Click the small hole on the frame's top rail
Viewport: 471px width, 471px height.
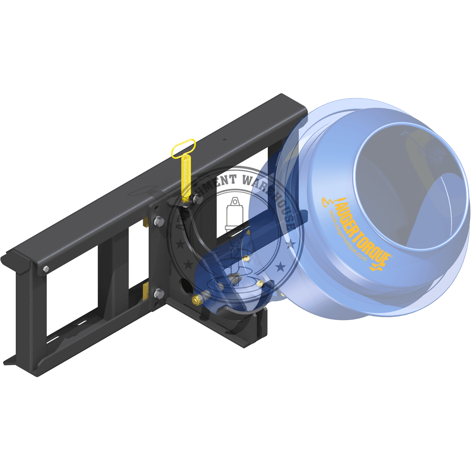(x=225, y=139)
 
